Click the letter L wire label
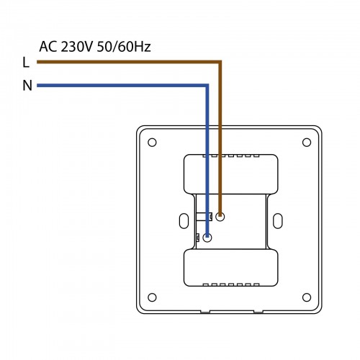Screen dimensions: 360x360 pos(26,63)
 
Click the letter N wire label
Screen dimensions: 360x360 pos(27,86)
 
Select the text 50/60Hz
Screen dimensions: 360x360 pos(124,47)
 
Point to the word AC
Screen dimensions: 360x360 pos(48,47)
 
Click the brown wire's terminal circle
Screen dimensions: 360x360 pos(220,217)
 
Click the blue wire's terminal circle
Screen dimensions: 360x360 pos(207,238)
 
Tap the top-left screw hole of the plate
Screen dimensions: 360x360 pos(152,143)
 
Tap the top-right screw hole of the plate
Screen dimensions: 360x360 pos(307,143)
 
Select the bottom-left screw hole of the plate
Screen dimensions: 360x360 pos(152,297)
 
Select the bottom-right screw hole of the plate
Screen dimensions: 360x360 pos(307,297)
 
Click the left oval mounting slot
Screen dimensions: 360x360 pos(184,221)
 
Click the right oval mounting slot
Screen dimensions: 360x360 pos(278,221)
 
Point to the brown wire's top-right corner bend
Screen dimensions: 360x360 pos(220,62)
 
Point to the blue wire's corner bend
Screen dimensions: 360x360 pos(207,85)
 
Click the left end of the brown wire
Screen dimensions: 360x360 pos(37,62)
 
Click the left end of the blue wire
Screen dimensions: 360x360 pos(37,85)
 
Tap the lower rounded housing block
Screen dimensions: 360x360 pos(231,268)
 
